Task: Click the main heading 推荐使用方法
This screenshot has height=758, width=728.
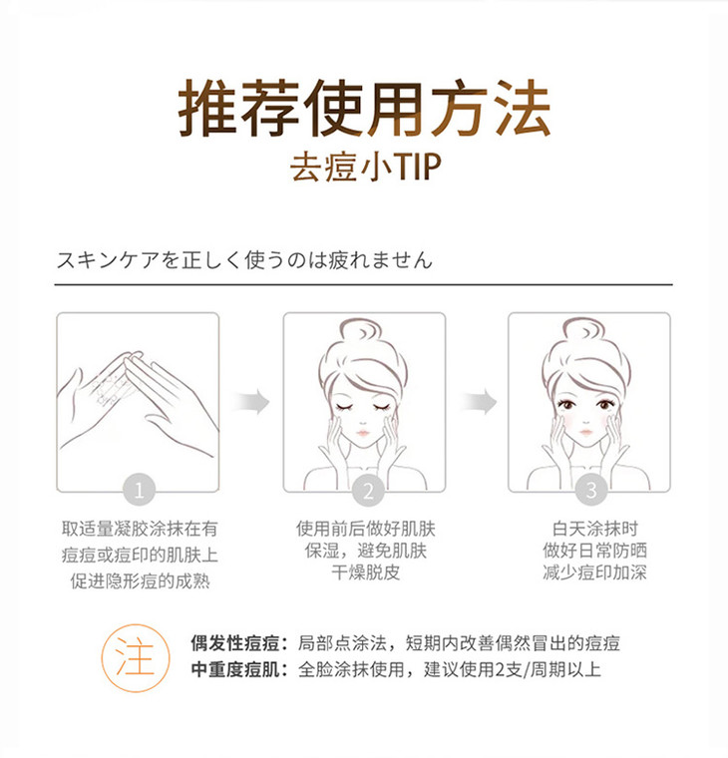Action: click(364, 108)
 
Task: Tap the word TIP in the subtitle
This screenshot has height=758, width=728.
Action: click(418, 167)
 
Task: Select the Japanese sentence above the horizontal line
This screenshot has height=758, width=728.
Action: click(244, 259)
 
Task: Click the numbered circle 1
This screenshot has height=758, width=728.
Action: click(139, 490)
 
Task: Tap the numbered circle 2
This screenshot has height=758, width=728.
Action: click(368, 490)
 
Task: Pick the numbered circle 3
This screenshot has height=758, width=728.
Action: click(591, 490)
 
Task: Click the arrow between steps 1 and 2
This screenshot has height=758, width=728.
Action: click(251, 401)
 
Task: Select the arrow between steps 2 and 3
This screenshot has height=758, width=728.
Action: click(478, 401)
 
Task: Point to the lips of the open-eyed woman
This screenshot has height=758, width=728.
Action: click(585, 431)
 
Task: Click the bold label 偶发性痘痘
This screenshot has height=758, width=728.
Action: click(236, 643)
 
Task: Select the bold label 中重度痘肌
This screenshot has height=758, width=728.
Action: click(236, 669)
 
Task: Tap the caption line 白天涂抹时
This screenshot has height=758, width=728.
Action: click(595, 529)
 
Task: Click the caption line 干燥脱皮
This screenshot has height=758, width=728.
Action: click(365, 572)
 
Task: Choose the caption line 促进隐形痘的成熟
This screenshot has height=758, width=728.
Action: click(140, 581)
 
